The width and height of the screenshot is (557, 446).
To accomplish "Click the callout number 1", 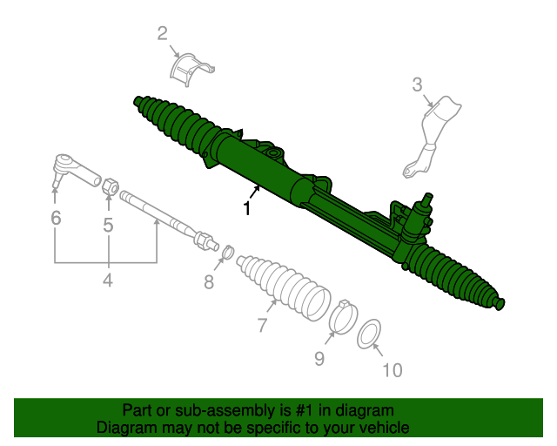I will (247, 209).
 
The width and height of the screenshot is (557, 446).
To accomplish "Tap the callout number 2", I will (162, 34).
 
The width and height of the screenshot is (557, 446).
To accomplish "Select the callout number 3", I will (417, 84).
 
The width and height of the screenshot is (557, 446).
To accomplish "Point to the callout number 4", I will (107, 280).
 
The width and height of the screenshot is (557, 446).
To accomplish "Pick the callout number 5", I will (108, 226).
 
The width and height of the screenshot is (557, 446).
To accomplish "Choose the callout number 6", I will (56, 218).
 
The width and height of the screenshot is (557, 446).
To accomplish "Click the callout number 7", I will (261, 327).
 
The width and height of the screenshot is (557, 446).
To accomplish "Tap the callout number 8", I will (209, 281).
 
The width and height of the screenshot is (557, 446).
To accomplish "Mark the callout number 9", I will (319, 358).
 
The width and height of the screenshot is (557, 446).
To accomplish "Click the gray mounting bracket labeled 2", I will (191, 69).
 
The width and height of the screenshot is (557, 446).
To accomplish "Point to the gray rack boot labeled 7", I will (283, 283).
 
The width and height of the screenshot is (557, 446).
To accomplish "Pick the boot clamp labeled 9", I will (342, 315).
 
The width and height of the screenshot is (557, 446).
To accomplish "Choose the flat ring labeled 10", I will (369, 333).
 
